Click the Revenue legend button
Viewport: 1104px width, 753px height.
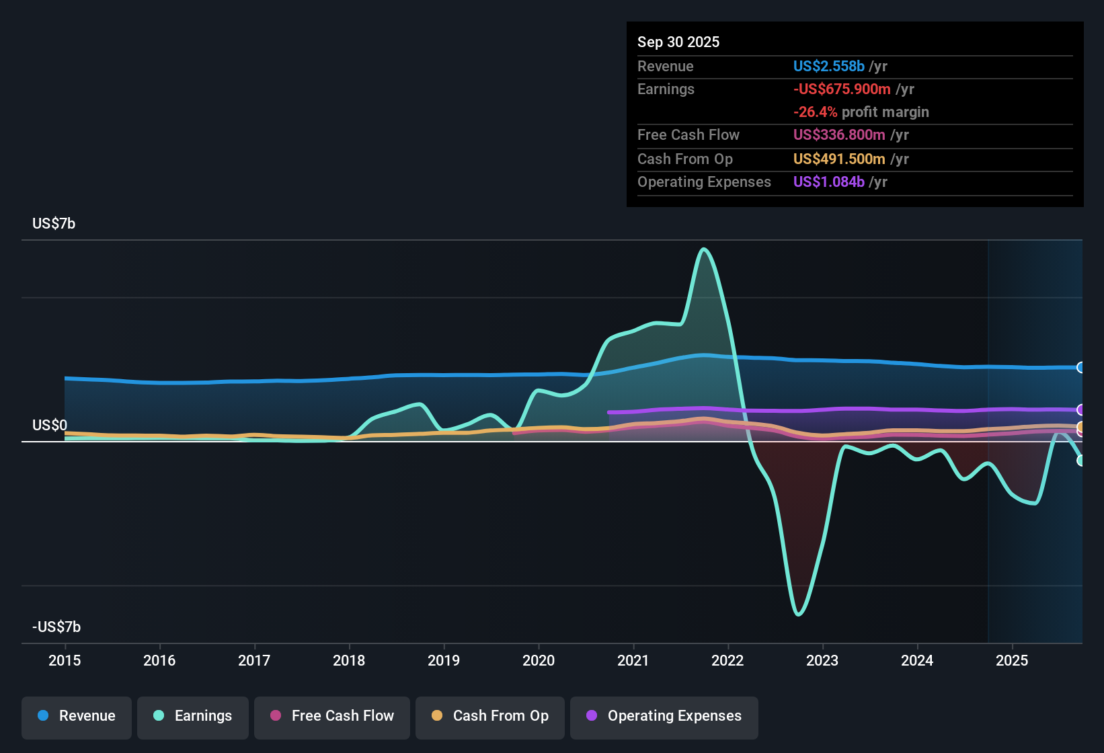coord(77,716)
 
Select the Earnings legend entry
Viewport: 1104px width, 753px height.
coord(192,716)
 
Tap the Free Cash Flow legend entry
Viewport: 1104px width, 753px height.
coord(331,716)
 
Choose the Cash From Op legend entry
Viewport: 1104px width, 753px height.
coord(489,716)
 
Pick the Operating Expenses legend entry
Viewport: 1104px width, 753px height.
coord(664,716)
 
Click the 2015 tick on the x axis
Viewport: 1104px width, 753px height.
coord(65,660)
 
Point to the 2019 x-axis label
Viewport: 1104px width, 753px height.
coord(444,660)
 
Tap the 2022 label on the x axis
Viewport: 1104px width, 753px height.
coord(727,660)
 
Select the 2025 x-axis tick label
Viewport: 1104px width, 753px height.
coord(1012,660)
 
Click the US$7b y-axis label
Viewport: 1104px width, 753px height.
coord(54,224)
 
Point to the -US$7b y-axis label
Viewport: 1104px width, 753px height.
coord(56,627)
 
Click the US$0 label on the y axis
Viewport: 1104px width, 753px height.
coord(50,426)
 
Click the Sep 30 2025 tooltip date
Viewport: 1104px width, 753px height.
coord(678,42)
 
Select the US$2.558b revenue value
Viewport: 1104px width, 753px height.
coord(828,67)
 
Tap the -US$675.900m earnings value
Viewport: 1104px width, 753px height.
coord(842,89)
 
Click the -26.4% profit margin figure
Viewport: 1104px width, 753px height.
coord(815,112)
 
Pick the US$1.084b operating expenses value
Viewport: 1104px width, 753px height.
coord(828,182)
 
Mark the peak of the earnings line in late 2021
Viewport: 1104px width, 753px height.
coord(704,249)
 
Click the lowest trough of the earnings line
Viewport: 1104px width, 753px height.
coord(798,614)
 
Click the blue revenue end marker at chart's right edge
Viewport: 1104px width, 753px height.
coord(1080,367)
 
